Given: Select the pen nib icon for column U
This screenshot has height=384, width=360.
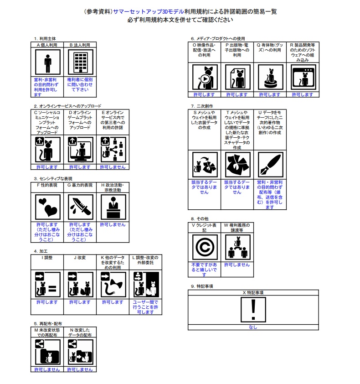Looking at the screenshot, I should (x=270, y=165).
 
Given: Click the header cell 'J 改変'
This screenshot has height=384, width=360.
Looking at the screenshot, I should (x=80, y=257).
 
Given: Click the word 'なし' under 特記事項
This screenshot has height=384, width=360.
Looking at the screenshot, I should (x=253, y=327).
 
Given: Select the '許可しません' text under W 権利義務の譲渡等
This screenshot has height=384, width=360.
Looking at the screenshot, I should (x=237, y=265).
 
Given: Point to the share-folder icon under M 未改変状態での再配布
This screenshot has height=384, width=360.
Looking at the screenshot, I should (x=48, y=351).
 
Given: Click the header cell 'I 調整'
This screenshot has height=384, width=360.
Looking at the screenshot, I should (x=48, y=257).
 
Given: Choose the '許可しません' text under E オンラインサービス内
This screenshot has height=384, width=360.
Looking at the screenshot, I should (x=113, y=167).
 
